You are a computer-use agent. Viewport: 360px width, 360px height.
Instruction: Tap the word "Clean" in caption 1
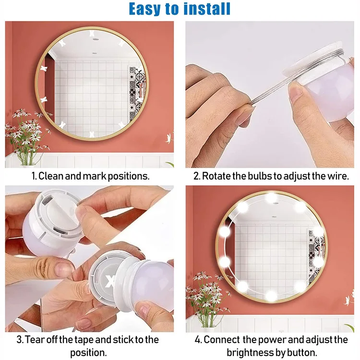tap(51, 176)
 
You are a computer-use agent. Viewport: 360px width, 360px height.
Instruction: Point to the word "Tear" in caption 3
tap(36, 340)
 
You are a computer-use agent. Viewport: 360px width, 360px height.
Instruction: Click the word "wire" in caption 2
tap(337, 176)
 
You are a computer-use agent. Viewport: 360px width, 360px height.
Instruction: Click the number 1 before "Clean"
tap(33, 176)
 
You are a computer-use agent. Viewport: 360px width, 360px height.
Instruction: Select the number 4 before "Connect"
tap(198, 340)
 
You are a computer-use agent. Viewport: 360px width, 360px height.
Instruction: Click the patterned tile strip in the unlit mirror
tap(135, 89)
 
